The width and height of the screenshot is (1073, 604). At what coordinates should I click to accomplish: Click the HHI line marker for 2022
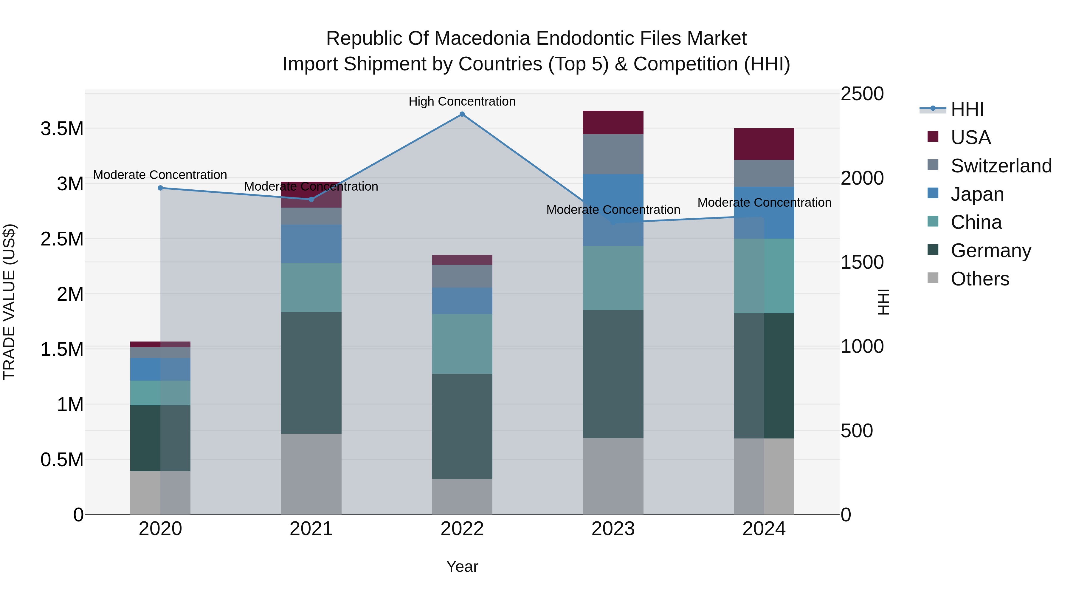(462, 114)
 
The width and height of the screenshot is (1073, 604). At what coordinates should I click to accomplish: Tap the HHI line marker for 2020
(160, 188)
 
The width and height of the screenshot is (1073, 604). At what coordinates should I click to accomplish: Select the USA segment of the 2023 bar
(613, 123)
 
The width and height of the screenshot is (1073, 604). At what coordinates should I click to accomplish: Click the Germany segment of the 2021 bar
(311, 373)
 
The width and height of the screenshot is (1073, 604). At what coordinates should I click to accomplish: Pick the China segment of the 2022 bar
(462, 344)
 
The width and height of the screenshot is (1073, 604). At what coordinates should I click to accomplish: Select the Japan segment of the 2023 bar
(613, 210)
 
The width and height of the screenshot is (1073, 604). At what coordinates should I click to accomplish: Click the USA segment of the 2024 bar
(764, 144)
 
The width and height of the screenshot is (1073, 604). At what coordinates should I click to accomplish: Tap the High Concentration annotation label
(462, 101)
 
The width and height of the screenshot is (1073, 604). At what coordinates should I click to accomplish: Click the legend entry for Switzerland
(1001, 166)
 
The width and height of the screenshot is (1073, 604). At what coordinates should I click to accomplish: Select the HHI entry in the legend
(967, 109)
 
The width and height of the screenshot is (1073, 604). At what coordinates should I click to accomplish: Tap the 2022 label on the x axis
(462, 529)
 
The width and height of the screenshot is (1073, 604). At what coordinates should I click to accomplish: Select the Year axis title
(462, 566)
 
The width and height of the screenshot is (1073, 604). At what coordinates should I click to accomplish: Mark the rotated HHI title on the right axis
(883, 302)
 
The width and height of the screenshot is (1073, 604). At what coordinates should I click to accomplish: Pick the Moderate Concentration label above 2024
(764, 203)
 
